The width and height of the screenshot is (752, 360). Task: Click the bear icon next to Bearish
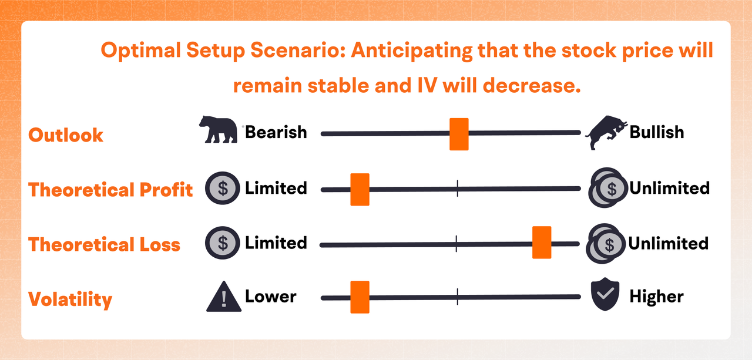pyautogui.click(x=219, y=130)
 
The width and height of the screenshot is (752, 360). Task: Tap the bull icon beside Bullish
pyautogui.click(x=606, y=132)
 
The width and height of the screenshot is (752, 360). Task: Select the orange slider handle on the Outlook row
pyautogui.click(x=459, y=134)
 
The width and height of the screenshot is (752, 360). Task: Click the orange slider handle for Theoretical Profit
pyautogui.click(x=360, y=190)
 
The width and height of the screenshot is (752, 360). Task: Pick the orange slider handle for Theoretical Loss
pyautogui.click(x=542, y=242)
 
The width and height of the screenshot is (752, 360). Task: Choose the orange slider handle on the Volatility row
pyautogui.click(x=360, y=297)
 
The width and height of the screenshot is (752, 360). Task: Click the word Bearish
pyautogui.click(x=276, y=132)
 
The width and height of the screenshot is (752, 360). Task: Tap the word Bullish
pyautogui.click(x=657, y=132)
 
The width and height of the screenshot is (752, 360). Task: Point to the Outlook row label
pyautogui.click(x=66, y=135)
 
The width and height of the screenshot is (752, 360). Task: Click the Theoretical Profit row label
pyautogui.click(x=110, y=190)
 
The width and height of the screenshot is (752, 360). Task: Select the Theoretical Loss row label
pyautogui.click(x=104, y=244)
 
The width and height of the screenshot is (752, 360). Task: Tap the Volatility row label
pyautogui.click(x=70, y=300)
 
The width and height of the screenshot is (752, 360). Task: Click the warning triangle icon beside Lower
pyautogui.click(x=224, y=297)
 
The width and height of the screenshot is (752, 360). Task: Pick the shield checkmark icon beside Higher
pyautogui.click(x=605, y=294)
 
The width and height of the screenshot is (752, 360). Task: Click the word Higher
pyautogui.click(x=656, y=297)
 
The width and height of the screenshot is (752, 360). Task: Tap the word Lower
pyautogui.click(x=271, y=296)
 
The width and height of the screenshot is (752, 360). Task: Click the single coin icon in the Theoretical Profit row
pyautogui.click(x=223, y=188)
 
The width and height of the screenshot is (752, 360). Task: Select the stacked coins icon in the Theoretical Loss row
pyautogui.click(x=606, y=244)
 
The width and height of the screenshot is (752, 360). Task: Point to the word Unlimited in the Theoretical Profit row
pyautogui.click(x=669, y=188)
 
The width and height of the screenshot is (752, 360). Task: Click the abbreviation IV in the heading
pyautogui.click(x=427, y=85)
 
